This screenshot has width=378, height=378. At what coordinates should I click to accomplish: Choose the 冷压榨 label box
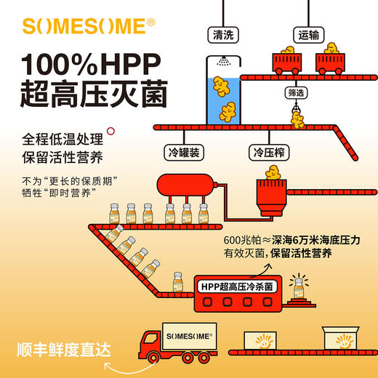[268, 153]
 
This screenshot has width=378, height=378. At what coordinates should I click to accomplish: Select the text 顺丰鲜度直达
[65, 349]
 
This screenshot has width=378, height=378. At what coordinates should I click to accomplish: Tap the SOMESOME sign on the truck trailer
[190, 337]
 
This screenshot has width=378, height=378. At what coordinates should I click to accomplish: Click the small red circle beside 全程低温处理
[111, 132]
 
